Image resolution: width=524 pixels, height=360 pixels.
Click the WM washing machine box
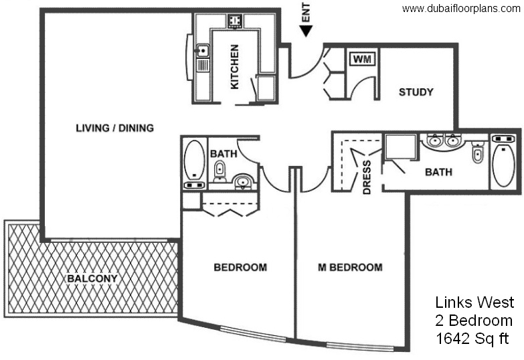pos(362,60)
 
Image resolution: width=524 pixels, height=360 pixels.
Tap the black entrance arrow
pos(306,31)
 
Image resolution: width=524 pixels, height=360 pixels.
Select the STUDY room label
pos(416,92)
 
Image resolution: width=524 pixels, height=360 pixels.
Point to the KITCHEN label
pos(235,67)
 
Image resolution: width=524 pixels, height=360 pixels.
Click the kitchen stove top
pos(236,21)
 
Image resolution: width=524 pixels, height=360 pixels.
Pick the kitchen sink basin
pos(203,51)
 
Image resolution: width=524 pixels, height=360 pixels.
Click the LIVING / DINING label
pos(114,128)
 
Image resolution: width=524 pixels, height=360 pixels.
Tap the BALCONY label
pos(92,278)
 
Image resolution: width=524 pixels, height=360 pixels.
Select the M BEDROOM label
pos(350,268)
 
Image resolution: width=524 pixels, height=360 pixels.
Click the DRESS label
pos(367,177)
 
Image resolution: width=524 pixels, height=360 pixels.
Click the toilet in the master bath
pos(478,153)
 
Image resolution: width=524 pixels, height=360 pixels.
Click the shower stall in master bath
pos(400,147)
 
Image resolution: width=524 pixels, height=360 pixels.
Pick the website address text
pos(461,9)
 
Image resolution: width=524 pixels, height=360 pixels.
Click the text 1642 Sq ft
pos(472,339)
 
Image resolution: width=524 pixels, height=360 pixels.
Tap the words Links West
pos(474,302)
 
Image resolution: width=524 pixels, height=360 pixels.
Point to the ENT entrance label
pos(306,13)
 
